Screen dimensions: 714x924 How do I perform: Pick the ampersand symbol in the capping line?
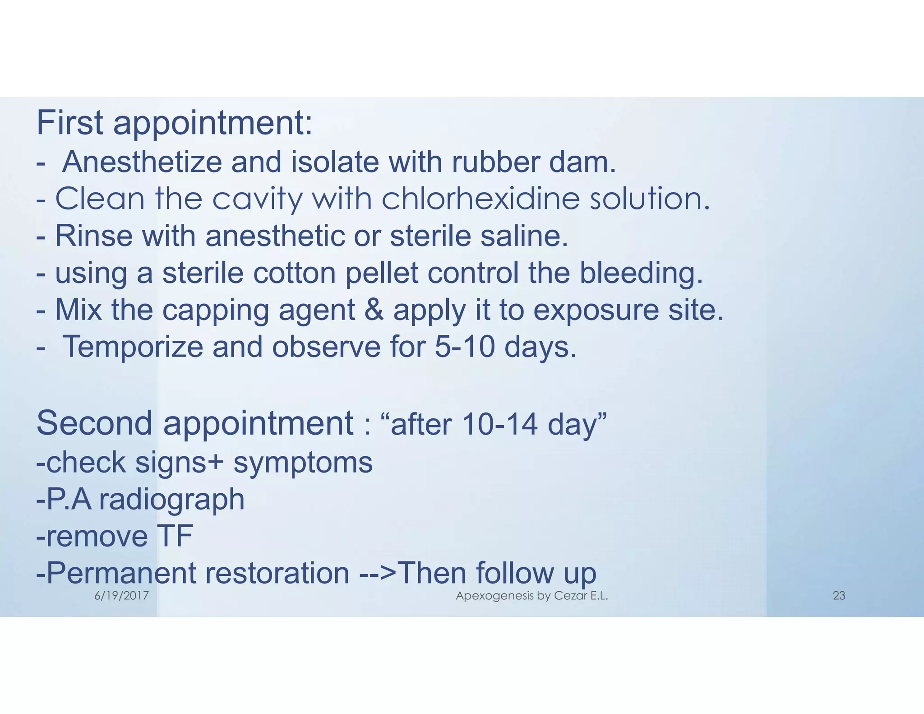tap(374, 311)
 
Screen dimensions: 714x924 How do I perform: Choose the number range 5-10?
tap(465, 347)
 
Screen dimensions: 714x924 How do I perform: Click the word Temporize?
tap(133, 348)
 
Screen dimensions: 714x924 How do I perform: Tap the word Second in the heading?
tap(94, 424)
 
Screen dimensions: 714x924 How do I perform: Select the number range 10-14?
tap(500, 425)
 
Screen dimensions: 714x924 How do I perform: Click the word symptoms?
tap(303, 463)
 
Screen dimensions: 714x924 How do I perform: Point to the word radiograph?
tap(172, 500)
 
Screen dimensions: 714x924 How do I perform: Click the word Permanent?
tap(120, 573)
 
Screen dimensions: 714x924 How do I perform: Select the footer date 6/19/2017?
tap(121, 596)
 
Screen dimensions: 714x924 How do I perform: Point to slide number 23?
tap(839, 596)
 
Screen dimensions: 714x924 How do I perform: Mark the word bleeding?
tap(641, 274)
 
